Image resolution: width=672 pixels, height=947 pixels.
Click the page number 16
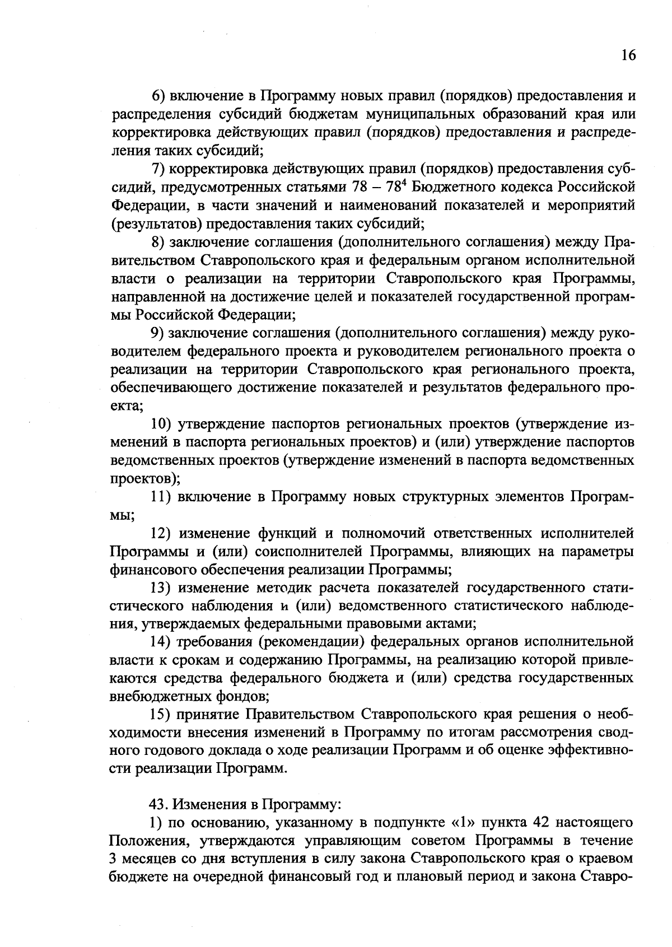pos(628,55)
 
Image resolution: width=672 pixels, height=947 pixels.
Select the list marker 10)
pos(163,424)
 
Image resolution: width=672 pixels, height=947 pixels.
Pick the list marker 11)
pos(163,497)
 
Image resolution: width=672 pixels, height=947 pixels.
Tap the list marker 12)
pos(163,533)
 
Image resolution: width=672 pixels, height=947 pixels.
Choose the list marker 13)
pos(163,587)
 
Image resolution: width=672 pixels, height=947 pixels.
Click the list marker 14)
pos(163,642)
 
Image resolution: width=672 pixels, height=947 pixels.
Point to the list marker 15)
pos(163,715)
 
